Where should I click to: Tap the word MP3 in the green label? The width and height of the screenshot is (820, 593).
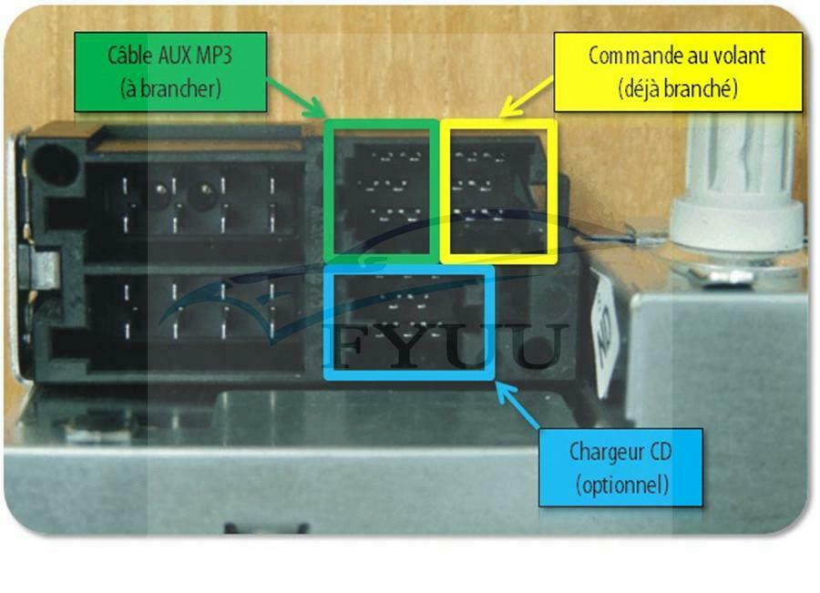pyautogui.click(x=214, y=56)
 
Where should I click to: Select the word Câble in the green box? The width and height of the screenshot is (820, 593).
pyautogui.click(x=130, y=55)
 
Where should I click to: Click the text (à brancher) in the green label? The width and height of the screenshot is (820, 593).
pyautogui.click(x=170, y=88)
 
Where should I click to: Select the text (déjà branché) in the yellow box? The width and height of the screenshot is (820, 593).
pyautogui.click(x=678, y=88)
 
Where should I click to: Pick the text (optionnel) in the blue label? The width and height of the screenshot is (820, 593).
pyautogui.click(x=622, y=485)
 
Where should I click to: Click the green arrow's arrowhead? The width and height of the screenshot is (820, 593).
pyautogui.click(x=316, y=109)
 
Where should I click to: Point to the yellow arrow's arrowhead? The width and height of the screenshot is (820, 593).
pyautogui.click(x=507, y=107)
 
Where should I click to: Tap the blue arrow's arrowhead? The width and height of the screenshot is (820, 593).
pyautogui.click(x=504, y=393)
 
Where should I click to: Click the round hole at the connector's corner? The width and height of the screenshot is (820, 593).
pyautogui.click(x=54, y=165)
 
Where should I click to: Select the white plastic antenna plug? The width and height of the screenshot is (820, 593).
pyautogui.click(x=738, y=193)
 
